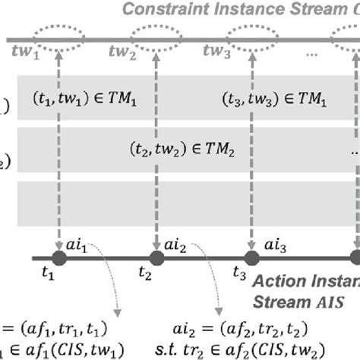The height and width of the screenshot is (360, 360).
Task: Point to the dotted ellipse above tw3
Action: [x=251, y=37]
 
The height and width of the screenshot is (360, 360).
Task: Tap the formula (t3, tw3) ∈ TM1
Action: [x=277, y=99]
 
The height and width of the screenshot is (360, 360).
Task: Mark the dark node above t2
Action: [x=156, y=258]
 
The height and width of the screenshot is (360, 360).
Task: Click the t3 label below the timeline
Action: [x=240, y=274]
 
